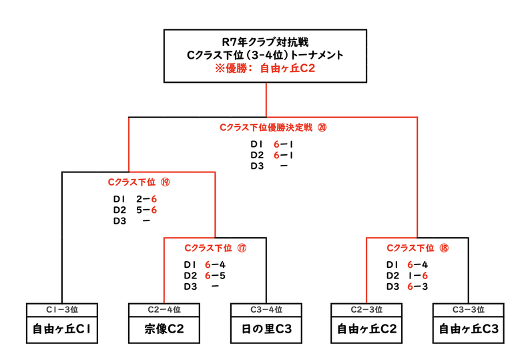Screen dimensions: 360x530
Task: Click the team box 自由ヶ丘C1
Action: point(62,329)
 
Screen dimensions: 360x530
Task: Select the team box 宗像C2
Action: point(164,329)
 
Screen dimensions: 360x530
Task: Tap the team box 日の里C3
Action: point(265,329)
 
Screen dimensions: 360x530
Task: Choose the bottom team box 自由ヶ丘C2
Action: point(366,329)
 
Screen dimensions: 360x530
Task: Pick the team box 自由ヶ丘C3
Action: point(468,329)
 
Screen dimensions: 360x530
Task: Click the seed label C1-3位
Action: point(62,310)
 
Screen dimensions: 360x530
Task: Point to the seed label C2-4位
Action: point(164,310)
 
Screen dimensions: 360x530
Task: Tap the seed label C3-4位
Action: point(265,310)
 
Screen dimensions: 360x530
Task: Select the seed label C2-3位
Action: point(366,310)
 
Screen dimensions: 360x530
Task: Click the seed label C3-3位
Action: point(468,310)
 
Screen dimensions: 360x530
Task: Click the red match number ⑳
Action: point(322,126)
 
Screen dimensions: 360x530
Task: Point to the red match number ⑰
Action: point(242,247)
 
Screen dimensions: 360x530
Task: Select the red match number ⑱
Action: point(445,247)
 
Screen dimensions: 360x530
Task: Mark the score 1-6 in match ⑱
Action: point(418,275)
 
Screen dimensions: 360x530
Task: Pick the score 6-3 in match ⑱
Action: point(418,286)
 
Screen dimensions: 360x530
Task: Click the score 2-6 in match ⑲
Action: point(146,199)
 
